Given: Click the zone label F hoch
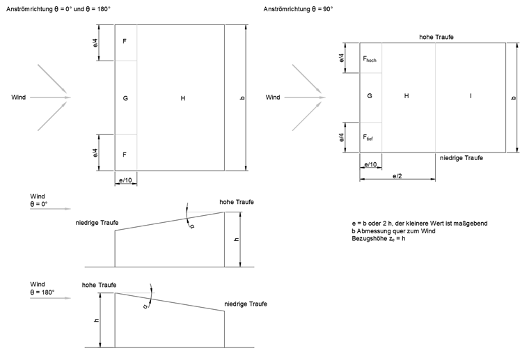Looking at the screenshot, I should tap(369, 60).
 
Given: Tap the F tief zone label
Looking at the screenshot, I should tap(368, 138).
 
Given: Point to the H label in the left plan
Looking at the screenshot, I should tap(182, 98).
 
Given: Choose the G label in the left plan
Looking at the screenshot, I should tap(125, 98).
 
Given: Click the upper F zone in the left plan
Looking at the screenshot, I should tap(125, 42).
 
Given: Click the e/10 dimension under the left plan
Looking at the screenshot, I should tap(125, 180).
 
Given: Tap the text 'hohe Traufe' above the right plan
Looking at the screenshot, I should tap(436, 36).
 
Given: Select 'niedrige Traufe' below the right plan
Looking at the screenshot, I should tap(461, 158).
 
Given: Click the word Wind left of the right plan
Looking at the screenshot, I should tap(274, 97).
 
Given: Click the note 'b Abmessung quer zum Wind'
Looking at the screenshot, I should tap(394, 230).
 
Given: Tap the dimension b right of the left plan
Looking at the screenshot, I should tap(242, 98).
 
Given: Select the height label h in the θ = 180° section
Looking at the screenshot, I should tap(97, 320).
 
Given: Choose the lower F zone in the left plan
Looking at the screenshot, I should tap(125, 153).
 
